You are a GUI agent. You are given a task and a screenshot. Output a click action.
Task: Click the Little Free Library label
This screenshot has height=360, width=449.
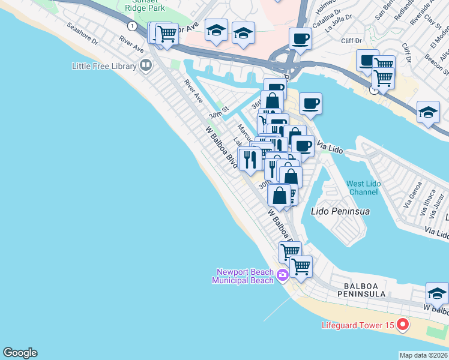pyautogui.click(x=104, y=65)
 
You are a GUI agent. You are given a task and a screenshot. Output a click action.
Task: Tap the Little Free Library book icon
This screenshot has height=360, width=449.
pyautogui.click(x=145, y=65)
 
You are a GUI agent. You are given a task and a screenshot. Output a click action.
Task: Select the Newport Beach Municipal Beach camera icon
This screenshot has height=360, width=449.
pyautogui.click(x=283, y=276)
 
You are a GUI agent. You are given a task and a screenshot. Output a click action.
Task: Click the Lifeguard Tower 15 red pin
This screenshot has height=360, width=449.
pyautogui.click(x=402, y=326)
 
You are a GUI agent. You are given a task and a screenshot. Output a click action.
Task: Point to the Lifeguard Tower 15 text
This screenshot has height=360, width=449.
pyautogui.click(x=357, y=326)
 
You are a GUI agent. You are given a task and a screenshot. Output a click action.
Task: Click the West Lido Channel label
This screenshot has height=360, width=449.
pyautogui.click(x=363, y=187)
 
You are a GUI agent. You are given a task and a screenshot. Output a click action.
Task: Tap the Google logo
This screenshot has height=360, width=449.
pyautogui.click(x=20, y=353)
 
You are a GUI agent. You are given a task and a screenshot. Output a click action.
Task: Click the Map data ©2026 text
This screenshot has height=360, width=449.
pyautogui.click(x=424, y=355)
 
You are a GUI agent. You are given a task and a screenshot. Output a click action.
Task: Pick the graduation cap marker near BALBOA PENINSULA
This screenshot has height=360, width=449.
pyautogui.click(x=437, y=293)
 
